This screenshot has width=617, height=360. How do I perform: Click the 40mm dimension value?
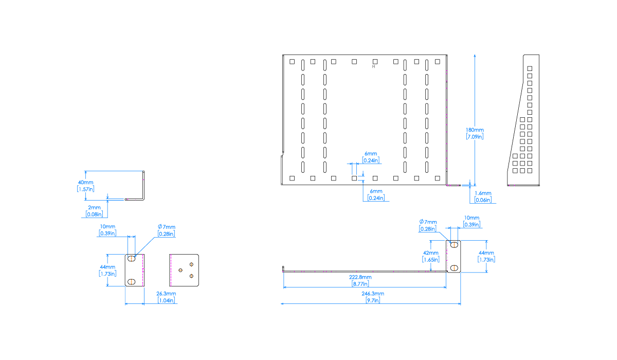point(85,183)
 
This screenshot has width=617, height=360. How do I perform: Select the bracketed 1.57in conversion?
point(85,189)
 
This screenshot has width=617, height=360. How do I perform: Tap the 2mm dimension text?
point(94,208)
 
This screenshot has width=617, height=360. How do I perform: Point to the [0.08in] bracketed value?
point(94,214)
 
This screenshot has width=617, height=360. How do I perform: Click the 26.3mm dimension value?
point(166,294)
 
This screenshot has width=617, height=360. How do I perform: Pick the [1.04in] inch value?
point(166,300)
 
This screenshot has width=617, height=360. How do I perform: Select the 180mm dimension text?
point(475,131)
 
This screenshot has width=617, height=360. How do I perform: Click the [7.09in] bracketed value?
point(475,137)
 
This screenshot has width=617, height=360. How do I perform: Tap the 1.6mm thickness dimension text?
point(483,194)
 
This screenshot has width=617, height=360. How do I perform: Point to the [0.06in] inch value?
point(483,200)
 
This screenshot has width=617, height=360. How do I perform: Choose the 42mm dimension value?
point(431,253)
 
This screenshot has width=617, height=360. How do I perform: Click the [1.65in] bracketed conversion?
point(431,260)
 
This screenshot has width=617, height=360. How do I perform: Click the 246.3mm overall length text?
point(373,294)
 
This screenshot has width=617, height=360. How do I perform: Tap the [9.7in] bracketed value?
point(373,300)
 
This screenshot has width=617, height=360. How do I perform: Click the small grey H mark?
point(373,67)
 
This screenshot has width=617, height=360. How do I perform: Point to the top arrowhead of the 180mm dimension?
point(475,55)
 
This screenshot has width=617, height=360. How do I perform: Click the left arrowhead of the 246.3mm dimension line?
point(282,304)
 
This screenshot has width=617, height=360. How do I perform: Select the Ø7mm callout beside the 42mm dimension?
point(428,222)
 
